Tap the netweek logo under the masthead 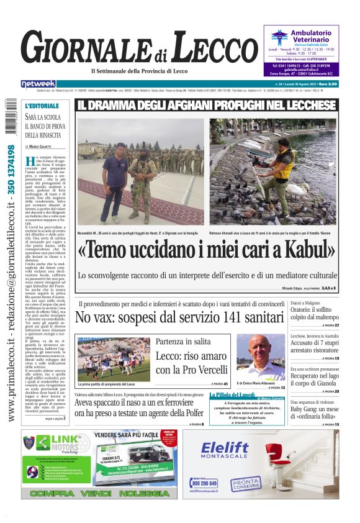(38, 84)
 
